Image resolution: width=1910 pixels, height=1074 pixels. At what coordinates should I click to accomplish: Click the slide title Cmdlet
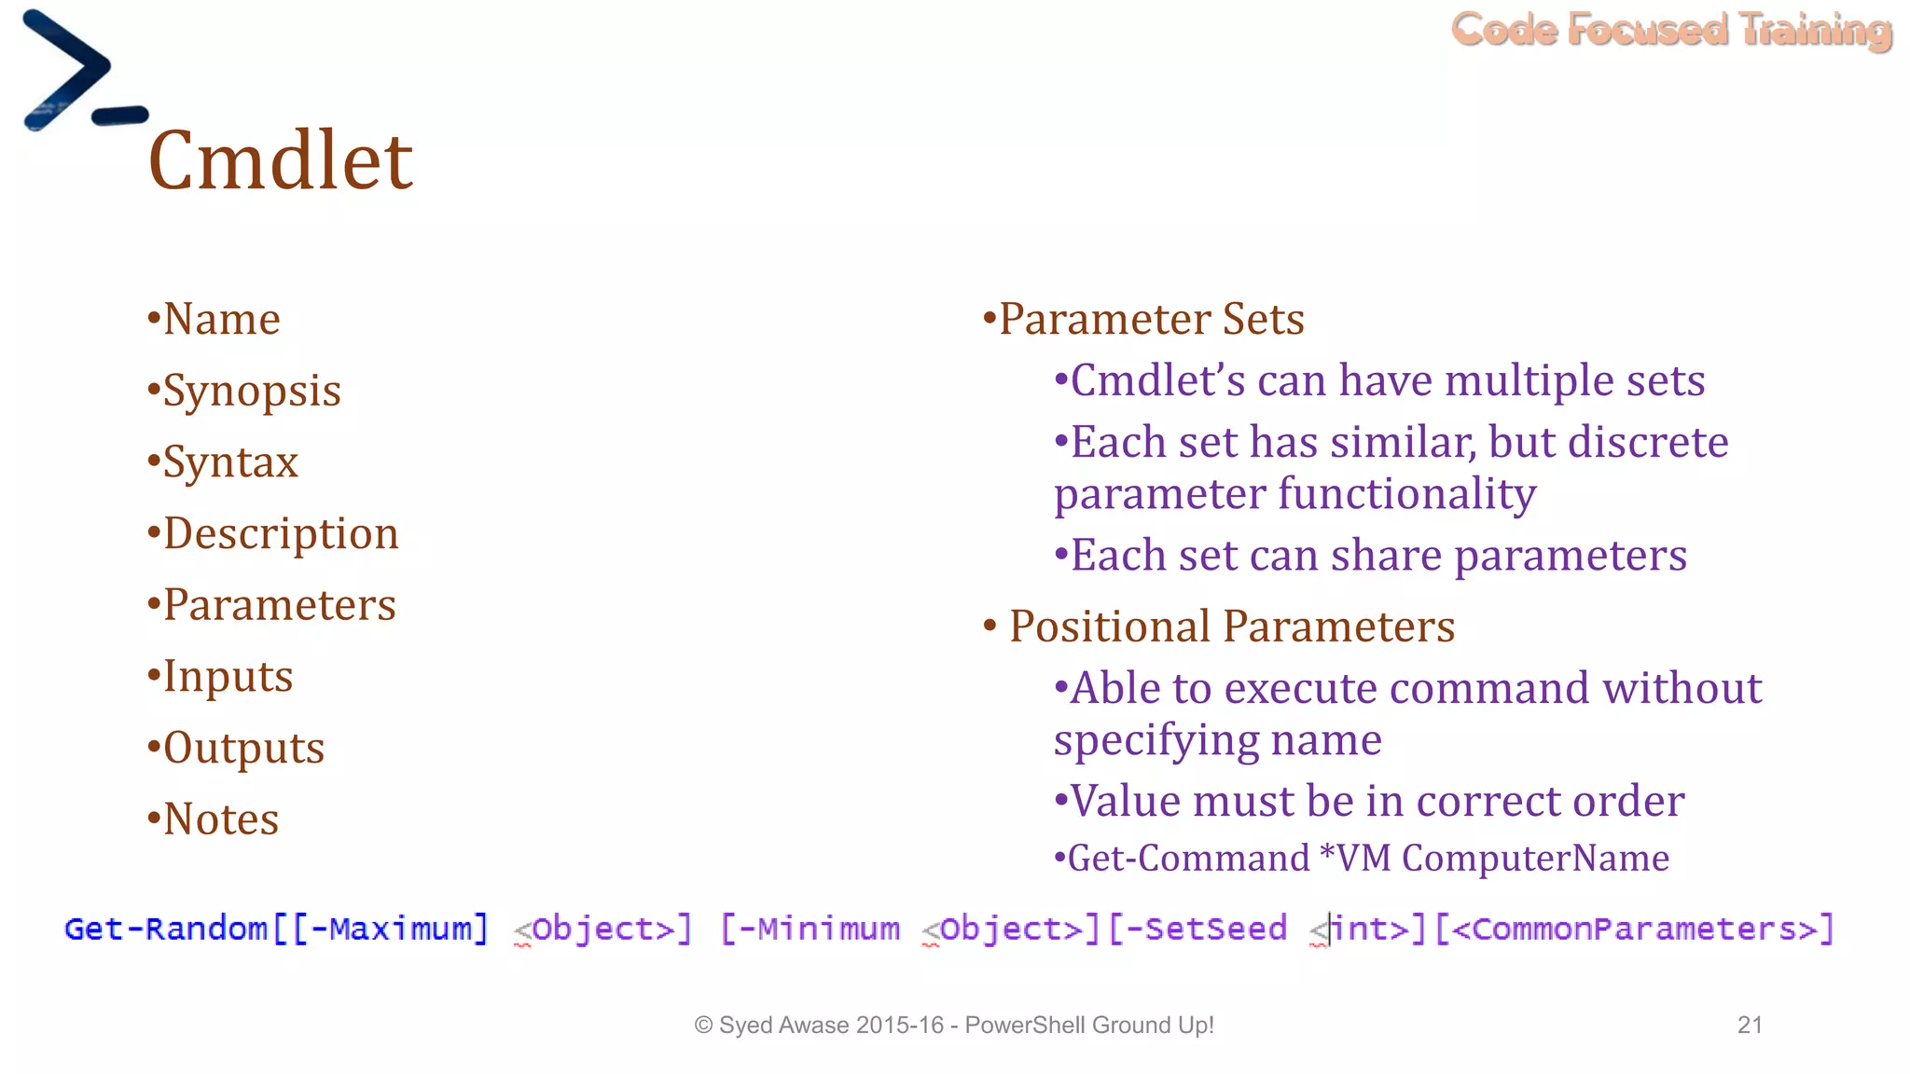pos(280,160)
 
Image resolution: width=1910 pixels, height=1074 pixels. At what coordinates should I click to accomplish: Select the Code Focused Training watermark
pos(1671,30)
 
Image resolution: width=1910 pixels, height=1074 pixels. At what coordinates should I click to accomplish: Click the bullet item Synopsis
pos(251,391)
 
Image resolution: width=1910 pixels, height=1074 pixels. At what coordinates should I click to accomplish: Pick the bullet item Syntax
pos(230,462)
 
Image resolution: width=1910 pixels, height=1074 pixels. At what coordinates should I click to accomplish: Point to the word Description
pos(281,534)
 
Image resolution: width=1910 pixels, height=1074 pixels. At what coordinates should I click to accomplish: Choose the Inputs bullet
pos(228,677)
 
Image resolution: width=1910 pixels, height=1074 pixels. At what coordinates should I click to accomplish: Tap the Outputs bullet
pos(243,748)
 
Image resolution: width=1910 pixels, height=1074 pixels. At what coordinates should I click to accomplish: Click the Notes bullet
pos(221,819)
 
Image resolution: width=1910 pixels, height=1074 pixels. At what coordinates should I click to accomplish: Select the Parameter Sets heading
pos(1151,320)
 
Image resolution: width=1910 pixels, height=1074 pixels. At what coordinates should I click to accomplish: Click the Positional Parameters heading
pos(1231,626)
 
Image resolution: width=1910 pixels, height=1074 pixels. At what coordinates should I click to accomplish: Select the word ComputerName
pos(1535,859)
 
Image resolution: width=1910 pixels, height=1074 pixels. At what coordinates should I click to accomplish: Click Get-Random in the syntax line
pos(166,929)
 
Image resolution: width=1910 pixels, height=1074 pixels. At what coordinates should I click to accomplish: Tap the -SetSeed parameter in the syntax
pos(1207,929)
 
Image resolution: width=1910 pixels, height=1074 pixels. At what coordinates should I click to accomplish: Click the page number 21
pos(1750,1026)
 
